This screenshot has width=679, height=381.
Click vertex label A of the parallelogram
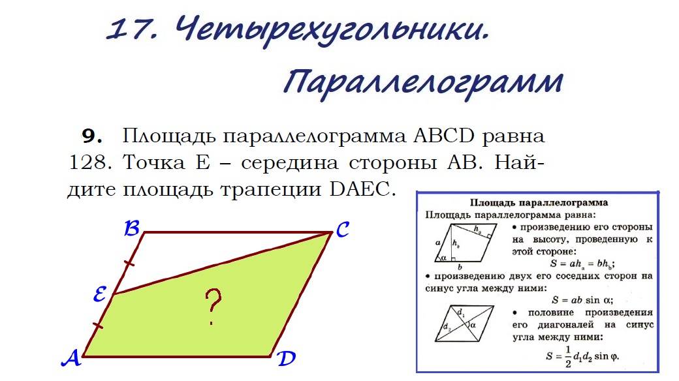point(71,358)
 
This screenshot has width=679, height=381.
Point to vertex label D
point(285,359)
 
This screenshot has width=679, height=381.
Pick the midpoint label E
point(100,296)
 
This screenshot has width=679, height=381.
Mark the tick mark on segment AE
point(97,325)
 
